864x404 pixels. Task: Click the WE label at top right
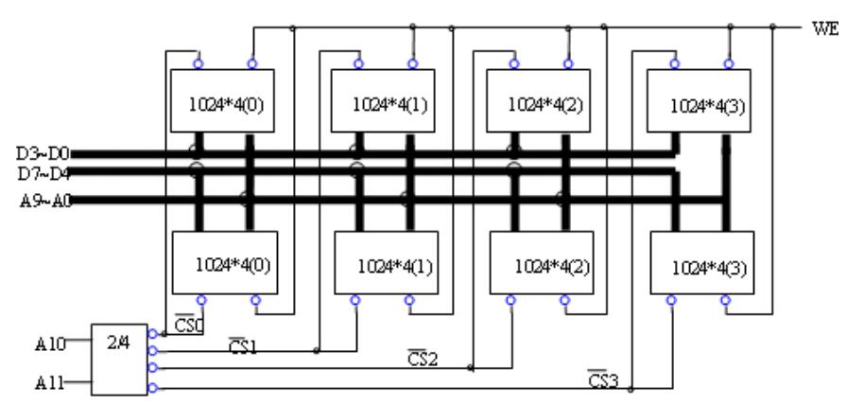point(820,26)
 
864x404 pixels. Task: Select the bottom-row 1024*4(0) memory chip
point(224,264)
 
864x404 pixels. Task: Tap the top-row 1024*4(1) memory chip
point(382,101)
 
